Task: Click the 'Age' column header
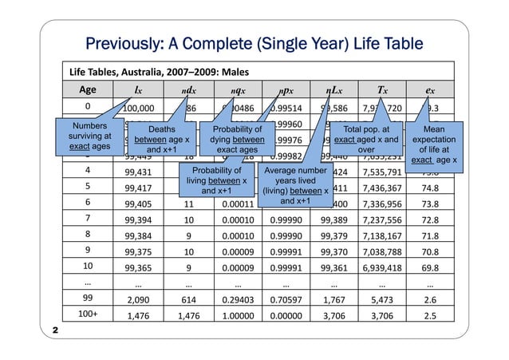[88, 89]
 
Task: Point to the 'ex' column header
[430, 89]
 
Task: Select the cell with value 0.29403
[237, 297]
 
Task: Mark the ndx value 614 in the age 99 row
[188, 297]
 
